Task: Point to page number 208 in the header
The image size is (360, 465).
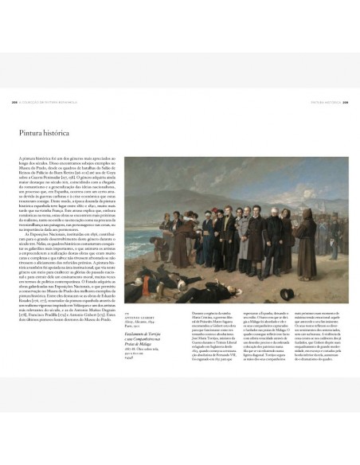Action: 15,102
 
